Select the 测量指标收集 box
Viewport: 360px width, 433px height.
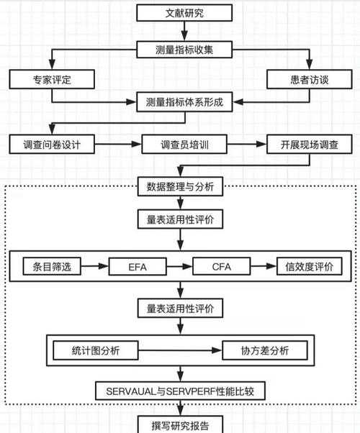(x=185, y=50)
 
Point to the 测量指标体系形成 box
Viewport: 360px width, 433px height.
(x=185, y=102)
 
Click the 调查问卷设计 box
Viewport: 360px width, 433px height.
(x=51, y=144)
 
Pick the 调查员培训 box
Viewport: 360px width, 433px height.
(x=185, y=144)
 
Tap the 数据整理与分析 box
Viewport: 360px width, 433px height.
(x=185, y=188)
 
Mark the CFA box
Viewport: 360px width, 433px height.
(x=220, y=267)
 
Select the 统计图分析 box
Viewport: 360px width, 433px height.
(x=96, y=350)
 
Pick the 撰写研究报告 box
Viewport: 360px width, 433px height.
(x=185, y=423)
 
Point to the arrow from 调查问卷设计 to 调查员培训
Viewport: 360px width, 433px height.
(x=118, y=144)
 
